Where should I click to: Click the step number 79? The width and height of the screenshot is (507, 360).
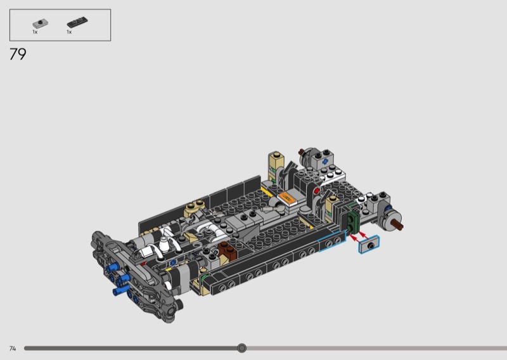click(x=18, y=54)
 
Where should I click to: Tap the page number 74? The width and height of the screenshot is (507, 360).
click(x=13, y=349)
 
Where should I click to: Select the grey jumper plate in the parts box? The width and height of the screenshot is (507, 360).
click(x=40, y=23)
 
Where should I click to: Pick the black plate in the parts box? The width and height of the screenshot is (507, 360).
click(x=77, y=22)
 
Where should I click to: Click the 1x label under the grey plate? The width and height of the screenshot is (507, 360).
click(x=35, y=32)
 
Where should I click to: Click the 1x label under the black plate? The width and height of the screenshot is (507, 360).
click(x=69, y=32)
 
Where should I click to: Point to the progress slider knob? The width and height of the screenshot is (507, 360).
click(x=241, y=348)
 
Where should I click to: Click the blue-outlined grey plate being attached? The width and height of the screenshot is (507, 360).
click(x=369, y=245)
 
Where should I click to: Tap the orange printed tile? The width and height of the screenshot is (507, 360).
click(x=286, y=198)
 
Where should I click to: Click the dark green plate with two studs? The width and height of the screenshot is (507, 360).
click(x=353, y=220)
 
